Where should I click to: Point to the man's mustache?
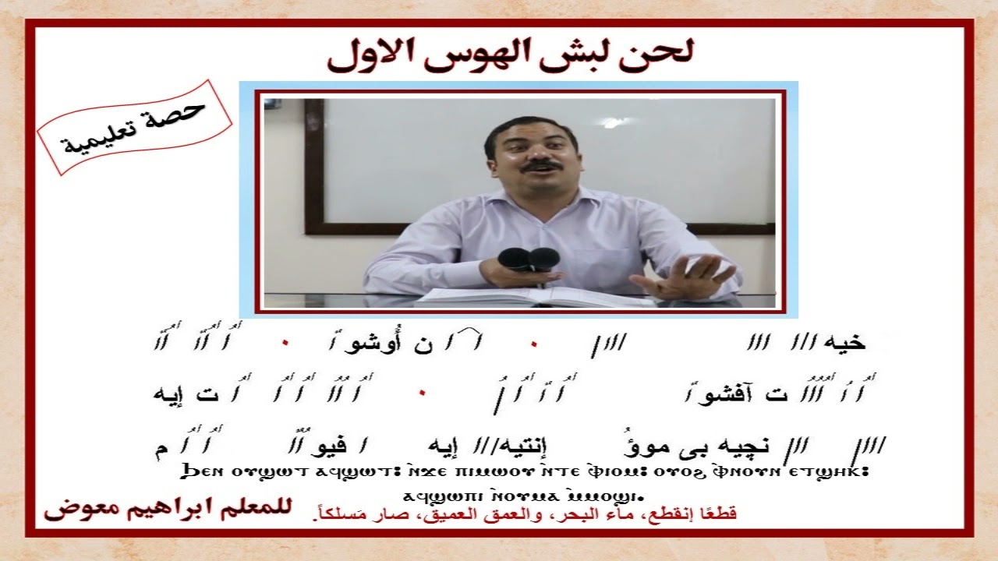click(540, 165)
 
